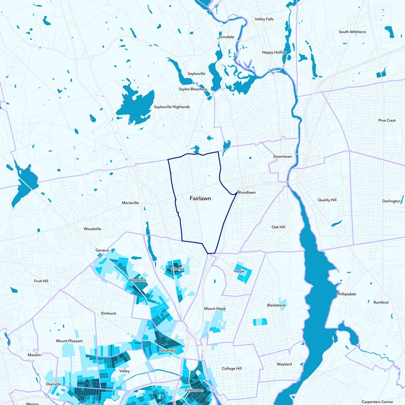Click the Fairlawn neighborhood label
(200, 199)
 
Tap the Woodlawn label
(246, 192)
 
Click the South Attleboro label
(352, 32)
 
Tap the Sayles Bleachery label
(193, 89)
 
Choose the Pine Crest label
(387, 120)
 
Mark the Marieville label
(131, 203)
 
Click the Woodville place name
(92, 229)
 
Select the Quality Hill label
(327, 200)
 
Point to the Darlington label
(391, 201)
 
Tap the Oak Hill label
(278, 227)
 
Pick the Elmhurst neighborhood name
(108, 313)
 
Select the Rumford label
(381, 302)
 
